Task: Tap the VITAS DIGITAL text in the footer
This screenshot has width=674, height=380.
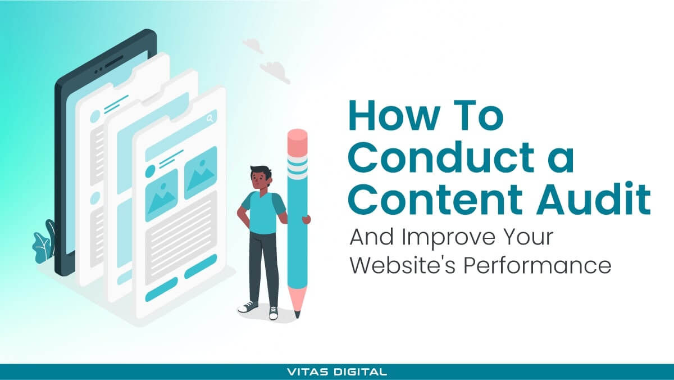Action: tap(336, 372)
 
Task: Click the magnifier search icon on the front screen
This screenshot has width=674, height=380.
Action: tap(210, 118)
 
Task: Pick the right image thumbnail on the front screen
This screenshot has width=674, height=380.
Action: tap(201, 171)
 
